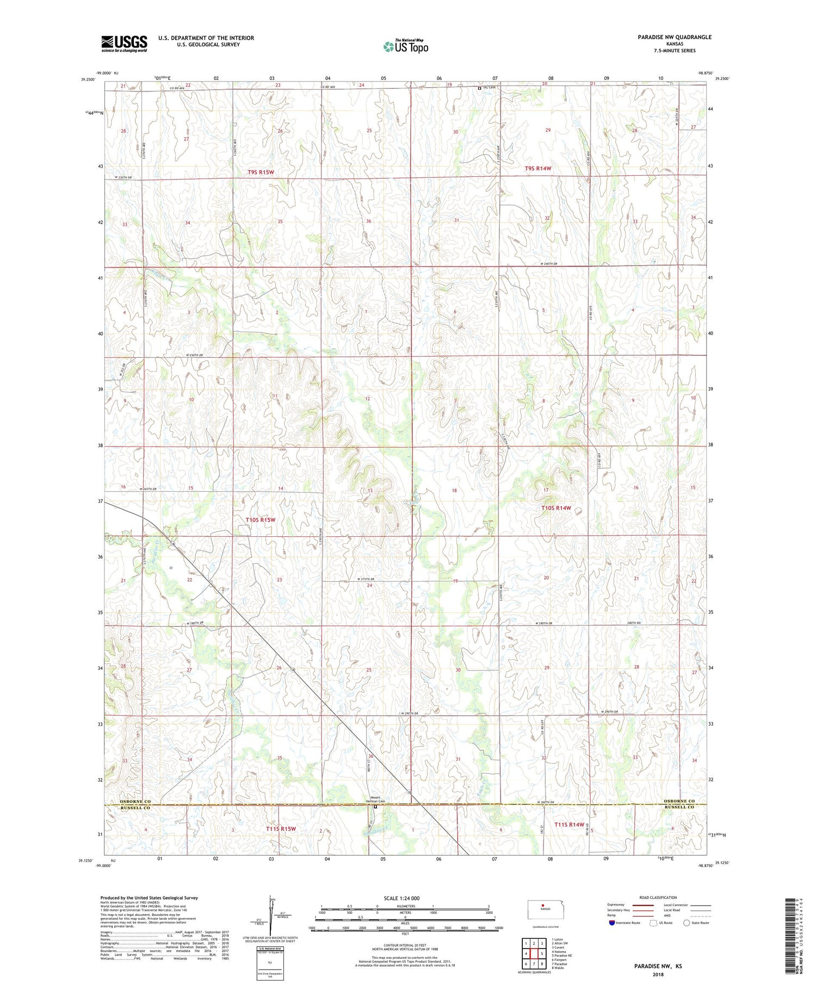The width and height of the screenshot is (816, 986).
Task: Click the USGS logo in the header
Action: [x=124, y=44]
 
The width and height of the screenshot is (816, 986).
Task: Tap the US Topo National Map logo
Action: [x=406, y=46]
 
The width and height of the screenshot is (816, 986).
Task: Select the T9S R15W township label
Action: [x=261, y=172]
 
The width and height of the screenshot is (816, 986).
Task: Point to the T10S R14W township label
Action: [x=557, y=508]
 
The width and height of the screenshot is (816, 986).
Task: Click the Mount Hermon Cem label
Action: [x=375, y=799]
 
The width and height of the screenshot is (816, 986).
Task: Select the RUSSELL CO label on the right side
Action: [x=679, y=808]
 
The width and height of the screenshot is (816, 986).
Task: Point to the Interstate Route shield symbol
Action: [x=612, y=923]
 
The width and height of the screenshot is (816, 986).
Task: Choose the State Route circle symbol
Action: [x=687, y=923]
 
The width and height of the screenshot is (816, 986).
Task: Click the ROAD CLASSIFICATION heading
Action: [x=658, y=897]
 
